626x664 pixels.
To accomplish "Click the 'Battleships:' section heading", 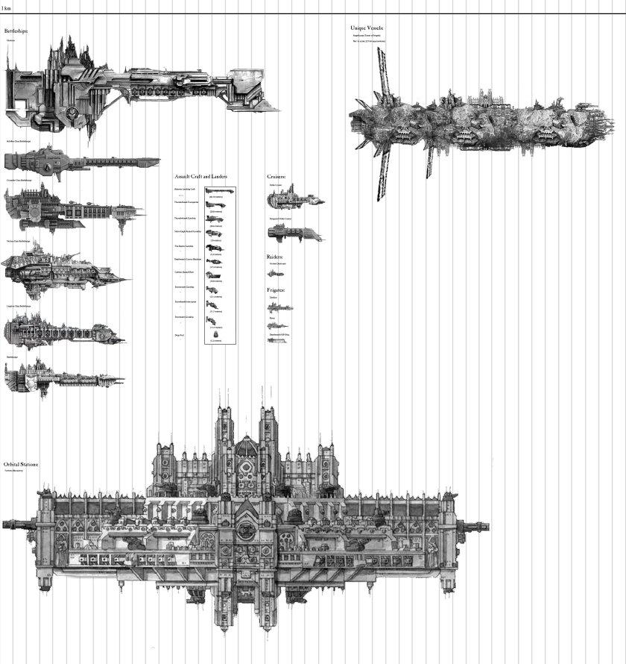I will [19, 31].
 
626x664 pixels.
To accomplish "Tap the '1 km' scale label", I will [7, 7].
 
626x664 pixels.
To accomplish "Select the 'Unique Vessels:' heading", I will [367, 28].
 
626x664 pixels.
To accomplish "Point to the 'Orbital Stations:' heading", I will [21, 464].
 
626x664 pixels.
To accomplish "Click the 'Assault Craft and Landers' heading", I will [200, 176].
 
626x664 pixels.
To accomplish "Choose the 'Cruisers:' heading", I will [276, 176].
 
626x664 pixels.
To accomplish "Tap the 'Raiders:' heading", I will [275, 256].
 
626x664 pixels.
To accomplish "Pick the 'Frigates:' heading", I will [276, 289].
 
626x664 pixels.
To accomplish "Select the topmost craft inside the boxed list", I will [220, 190].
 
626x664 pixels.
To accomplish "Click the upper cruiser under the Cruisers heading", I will [294, 199].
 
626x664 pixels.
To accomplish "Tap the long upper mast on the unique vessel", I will [382, 75].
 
